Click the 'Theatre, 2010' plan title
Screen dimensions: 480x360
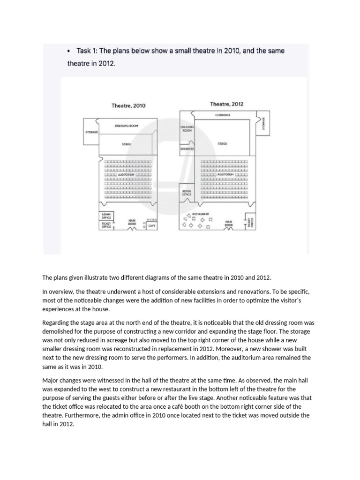pos(128,106)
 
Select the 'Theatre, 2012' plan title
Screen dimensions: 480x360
pos(226,104)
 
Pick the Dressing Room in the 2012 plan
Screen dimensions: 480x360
pos(187,129)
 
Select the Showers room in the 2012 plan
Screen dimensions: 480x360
pos(187,149)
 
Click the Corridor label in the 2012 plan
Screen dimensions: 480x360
pos(223,114)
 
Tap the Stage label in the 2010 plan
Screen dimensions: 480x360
pos(127,144)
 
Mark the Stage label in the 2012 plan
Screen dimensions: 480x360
pos(223,143)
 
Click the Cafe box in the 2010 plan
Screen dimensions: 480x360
pos(151,226)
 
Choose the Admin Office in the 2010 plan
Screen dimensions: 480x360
pos(107,216)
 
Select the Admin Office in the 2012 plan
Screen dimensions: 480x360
pos(186,193)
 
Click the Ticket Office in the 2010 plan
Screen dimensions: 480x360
pos(107,225)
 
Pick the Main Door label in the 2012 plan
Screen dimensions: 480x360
pos(228,223)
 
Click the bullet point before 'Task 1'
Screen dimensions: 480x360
pos(69,51)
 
